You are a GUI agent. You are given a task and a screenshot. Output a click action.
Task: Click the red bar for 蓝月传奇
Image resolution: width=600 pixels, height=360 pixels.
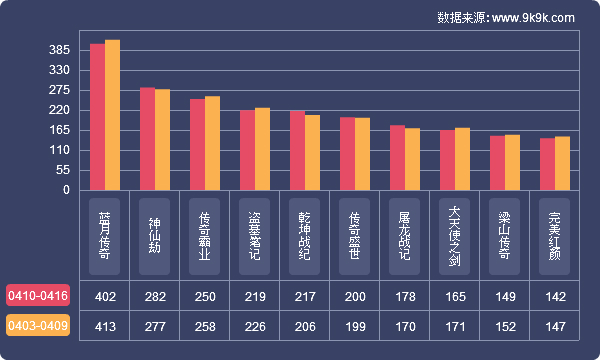click(x=97, y=117)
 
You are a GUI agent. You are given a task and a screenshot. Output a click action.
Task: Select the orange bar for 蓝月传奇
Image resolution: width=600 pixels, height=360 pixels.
click(x=112, y=115)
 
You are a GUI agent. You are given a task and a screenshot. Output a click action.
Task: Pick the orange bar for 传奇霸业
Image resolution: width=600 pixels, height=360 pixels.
click(x=212, y=143)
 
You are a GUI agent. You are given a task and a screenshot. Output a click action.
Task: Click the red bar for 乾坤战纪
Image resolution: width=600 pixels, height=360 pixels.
click(x=297, y=151)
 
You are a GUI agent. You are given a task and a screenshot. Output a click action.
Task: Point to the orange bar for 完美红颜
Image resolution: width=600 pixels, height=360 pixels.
click(x=562, y=163)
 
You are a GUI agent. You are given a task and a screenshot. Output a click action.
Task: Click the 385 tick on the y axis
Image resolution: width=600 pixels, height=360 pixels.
click(x=59, y=50)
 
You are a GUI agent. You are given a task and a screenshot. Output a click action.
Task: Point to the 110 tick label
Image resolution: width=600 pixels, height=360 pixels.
click(x=59, y=150)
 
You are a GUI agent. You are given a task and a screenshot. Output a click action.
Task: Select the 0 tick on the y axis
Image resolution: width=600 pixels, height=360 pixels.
click(x=66, y=190)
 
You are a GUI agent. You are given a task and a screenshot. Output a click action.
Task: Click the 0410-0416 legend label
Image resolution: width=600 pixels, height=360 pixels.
click(x=38, y=296)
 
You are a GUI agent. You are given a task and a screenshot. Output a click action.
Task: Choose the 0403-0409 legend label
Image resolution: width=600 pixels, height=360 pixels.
click(x=38, y=326)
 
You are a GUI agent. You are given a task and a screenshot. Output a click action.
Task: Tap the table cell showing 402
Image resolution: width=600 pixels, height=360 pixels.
click(x=105, y=296)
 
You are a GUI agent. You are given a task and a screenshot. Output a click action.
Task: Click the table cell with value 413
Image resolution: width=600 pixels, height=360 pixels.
click(x=105, y=326)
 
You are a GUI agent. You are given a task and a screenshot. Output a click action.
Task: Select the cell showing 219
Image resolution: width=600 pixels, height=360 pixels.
click(x=255, y=296)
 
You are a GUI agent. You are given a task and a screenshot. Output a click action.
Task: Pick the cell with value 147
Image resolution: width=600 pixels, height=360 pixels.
click(x=555, y=326)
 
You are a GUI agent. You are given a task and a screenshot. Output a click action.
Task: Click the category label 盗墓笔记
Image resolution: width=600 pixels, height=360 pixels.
click(x=255, y=233)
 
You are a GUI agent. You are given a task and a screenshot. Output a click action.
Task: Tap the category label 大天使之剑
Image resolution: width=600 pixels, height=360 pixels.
click(x=455, y=233)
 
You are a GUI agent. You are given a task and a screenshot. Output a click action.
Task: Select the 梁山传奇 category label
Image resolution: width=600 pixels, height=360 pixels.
click(x=505, y=233)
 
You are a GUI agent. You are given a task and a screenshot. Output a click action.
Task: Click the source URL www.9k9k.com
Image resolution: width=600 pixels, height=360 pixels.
click(x=532, y=18)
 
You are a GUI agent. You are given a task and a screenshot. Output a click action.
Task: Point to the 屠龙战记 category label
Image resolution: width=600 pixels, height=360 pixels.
click(x=405, y=233)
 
